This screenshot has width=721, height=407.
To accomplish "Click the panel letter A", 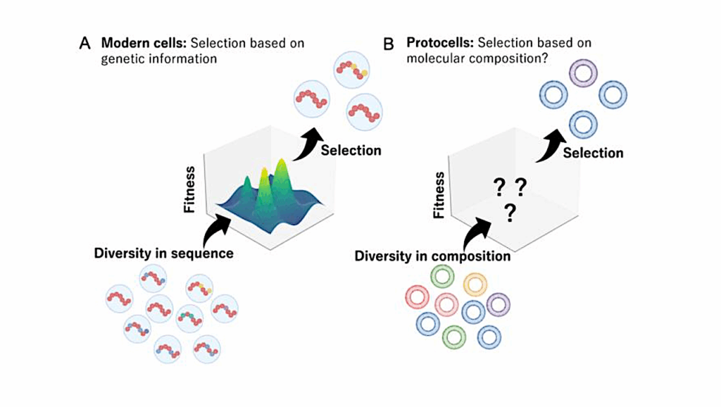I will (84, 44).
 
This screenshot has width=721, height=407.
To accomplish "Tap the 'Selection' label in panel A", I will (351, 150).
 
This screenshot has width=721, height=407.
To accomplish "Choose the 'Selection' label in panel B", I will (593, 153).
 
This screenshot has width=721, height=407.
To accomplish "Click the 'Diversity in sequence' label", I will (163, 253).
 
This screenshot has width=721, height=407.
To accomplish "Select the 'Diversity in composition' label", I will (432, 256).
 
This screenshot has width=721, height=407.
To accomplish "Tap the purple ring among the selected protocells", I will (583, 73).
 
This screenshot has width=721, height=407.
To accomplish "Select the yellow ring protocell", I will (475, 284).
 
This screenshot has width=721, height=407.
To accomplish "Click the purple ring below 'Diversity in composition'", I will (498, 305).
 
